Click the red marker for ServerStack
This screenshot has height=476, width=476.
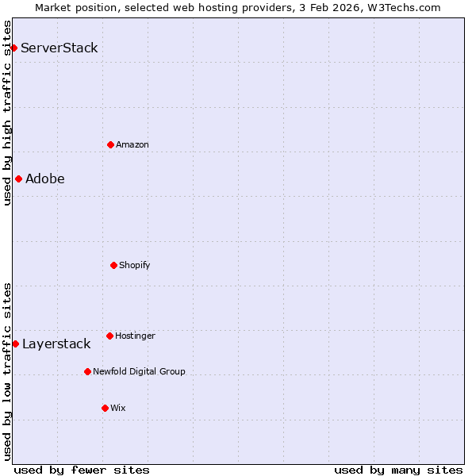[13, 48]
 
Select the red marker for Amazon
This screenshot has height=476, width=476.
[110, 144]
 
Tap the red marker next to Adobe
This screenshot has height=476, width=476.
[18, 178]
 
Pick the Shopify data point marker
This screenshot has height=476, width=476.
[113, 265]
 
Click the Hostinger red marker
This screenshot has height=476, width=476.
[109, 336]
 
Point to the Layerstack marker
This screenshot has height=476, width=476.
[15, 344]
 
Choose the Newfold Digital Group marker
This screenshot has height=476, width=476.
[87, 371]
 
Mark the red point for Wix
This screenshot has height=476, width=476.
[105, 408]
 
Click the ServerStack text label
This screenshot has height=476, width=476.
[59, 48]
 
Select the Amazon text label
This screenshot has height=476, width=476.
[132, 144]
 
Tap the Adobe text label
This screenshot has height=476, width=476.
[45, 178]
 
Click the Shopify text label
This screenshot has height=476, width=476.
[135, 265]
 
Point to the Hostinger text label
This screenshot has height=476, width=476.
[135, 336]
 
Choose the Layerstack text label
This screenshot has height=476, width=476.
[56, 344]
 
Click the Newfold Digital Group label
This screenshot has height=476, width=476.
[139, 371]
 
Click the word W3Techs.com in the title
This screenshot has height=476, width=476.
[406, 7]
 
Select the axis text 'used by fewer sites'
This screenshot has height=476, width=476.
[82, 470]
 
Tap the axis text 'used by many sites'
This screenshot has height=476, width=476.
[398, 470]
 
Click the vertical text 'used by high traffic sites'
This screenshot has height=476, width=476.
[7, 113]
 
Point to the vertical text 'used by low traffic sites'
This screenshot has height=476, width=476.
[7, 370]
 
